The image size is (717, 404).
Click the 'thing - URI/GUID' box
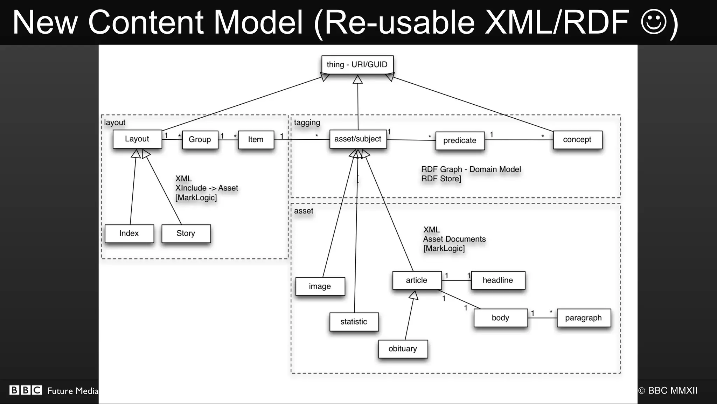click(357, 64)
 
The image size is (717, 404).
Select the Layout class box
click(137, 139)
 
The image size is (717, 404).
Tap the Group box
click(200, 139)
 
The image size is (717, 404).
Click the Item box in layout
click(256, 139)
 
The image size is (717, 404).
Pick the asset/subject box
click(358, 139)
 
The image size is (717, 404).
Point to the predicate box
click(460, 140)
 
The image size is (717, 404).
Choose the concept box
click(577, 139)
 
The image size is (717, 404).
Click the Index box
click(129, 234)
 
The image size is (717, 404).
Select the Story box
click(186, 234)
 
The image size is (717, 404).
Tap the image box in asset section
click(320, 286)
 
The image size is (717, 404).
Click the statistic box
click(354, 322)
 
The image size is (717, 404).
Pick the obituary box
click(403, 349)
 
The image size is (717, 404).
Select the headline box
click(497, 280)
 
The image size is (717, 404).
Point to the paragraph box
click(583, 318)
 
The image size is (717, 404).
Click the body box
click(500, 318)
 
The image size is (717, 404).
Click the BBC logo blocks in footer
click(26, 390)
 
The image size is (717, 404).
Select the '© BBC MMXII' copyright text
click(668, 391)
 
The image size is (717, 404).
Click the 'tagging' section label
click(307, 123)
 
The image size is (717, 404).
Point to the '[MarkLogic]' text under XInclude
click(196, 197)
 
